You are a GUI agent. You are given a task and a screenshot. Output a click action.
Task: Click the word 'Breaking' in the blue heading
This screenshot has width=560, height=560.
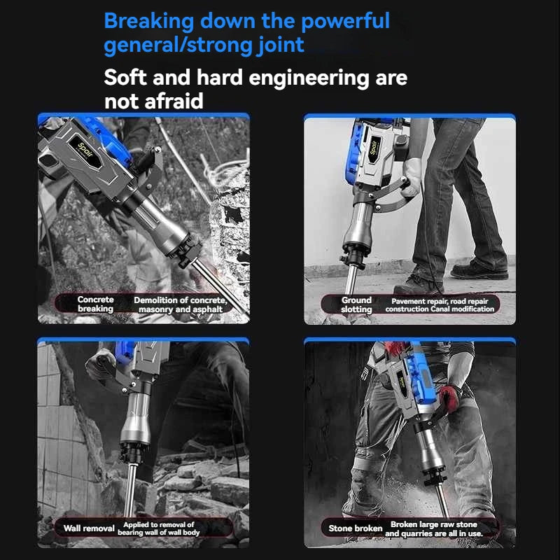(x=149, y=22)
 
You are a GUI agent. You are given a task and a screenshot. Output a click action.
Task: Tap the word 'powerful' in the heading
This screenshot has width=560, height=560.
(x=345, y=22)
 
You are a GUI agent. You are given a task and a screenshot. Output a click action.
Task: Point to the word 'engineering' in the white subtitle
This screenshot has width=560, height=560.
(x=309, y=78)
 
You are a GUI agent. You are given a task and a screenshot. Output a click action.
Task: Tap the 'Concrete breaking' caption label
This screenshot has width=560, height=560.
(x=95, y=304)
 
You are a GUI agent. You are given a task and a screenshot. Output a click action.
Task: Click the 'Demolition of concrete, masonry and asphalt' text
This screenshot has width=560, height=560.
(x=181, y=304)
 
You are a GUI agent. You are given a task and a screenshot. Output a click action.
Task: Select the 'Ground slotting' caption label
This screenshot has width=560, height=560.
(x=356, y=304)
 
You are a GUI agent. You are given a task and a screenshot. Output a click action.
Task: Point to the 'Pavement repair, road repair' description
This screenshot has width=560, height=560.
(x=440, y=301)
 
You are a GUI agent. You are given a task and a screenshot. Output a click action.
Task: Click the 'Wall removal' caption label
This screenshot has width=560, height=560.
(x=89, y=528)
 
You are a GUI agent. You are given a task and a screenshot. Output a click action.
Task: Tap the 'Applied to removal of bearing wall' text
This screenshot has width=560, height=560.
(x=159, y=528)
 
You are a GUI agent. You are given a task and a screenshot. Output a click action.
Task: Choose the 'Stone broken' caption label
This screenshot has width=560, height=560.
(x=356, y=528)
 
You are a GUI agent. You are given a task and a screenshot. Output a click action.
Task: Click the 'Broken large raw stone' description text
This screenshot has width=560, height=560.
(x=434, y=524)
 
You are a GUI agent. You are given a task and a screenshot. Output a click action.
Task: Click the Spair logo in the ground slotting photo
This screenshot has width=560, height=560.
(x=374, y=148)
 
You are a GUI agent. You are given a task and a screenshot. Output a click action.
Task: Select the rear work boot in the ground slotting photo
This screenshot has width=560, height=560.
(x=479, y=269)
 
